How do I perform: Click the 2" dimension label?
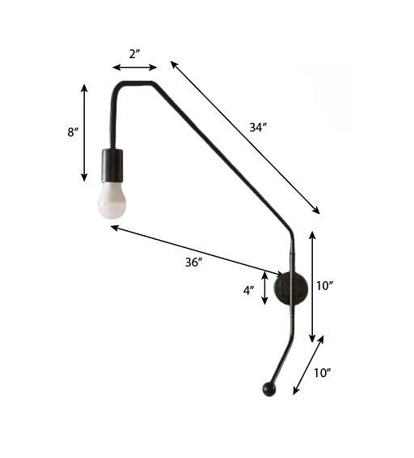[134, 54]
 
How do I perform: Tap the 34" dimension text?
[258, 128]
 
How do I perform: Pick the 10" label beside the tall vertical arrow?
[325, 285]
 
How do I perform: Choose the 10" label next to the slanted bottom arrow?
[322, 372]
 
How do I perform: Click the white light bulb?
[113, 201]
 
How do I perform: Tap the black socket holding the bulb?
[112, 166]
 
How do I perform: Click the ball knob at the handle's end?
[268, 390]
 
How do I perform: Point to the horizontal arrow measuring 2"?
[134, 68]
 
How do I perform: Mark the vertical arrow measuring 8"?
[85, 132]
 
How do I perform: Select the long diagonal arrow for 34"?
[244, 137]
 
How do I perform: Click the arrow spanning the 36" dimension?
[196, 250]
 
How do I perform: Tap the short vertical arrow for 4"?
[265, 288]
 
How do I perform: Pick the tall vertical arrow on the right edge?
[313, 285]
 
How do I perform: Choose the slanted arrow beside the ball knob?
[308, 364]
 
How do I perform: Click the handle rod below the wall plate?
[283, 347]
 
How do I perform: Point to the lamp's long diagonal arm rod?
[218, 153]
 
